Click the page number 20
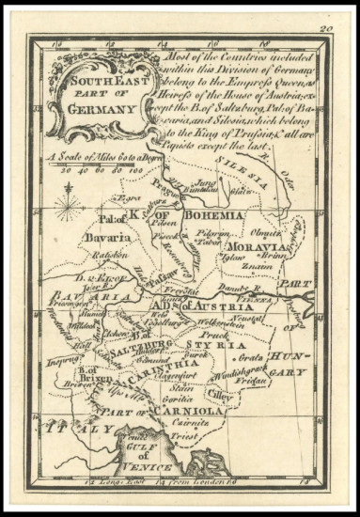tap(326, 29)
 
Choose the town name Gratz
tap(250, 358)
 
